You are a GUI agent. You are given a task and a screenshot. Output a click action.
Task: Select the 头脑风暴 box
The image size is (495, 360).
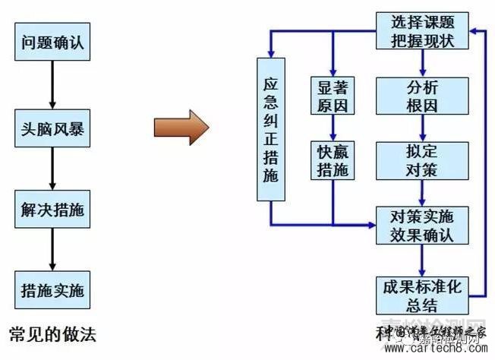(52, 129)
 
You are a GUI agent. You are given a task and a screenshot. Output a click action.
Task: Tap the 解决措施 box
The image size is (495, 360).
(52, 210)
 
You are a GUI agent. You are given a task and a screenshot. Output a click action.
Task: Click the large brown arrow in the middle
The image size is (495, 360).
(181, 127)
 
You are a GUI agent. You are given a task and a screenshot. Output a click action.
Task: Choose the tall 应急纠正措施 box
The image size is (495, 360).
(271, 129)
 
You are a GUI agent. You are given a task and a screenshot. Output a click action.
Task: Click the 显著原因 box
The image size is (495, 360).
(333, 95)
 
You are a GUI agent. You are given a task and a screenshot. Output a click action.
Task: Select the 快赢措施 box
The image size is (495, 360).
(333, 159)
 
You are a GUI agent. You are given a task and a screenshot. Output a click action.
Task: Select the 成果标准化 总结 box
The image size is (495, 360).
(421, 296)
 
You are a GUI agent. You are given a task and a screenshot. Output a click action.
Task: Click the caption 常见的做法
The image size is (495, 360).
(52, 333)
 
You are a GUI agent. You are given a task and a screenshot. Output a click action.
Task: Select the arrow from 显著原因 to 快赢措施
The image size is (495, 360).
(333, 128)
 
